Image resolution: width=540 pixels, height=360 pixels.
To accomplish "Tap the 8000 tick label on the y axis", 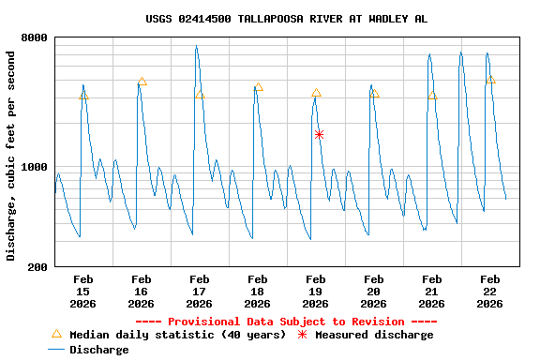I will pos(35,38).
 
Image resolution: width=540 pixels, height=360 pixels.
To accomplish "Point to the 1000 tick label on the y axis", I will pos(35,168).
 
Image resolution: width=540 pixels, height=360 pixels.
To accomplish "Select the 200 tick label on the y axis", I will pos(37,267).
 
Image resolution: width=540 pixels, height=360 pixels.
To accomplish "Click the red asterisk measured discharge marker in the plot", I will pos(319,135).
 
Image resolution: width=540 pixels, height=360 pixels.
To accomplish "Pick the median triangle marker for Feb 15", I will pos(83,96).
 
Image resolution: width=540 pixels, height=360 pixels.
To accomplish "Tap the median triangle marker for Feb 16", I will pos(142,82).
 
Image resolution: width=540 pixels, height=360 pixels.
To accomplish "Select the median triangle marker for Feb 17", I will pos(200,96).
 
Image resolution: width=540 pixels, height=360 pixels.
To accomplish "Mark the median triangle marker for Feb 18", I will pos(258,87).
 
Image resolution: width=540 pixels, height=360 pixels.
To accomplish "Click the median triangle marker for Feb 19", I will pos(316,94).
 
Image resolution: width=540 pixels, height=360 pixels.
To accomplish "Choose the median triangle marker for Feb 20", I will pos(374,94).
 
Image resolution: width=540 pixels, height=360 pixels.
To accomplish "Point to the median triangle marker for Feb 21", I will pos(432,96).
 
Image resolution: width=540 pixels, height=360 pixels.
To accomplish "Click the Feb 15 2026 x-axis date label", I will pos(82,291).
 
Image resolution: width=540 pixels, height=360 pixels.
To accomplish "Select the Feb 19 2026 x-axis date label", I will pos(315,291).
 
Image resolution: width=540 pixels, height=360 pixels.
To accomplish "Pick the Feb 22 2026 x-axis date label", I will pos(489,291).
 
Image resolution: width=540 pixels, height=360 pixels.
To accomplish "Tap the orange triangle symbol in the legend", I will pos(56,334).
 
